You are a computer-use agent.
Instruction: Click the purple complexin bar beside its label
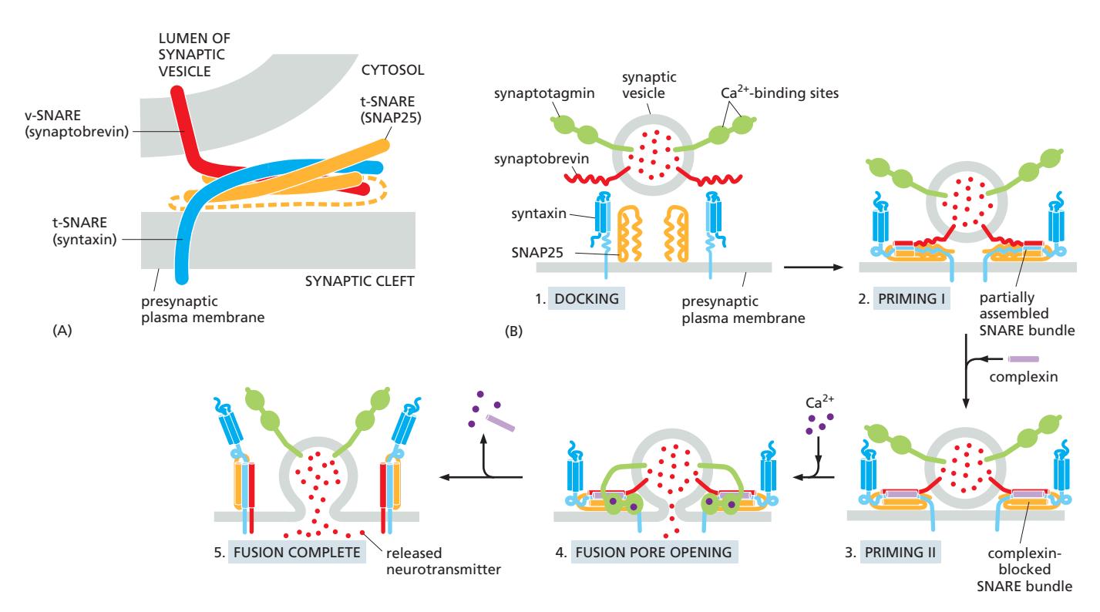tap(1023, 358)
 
